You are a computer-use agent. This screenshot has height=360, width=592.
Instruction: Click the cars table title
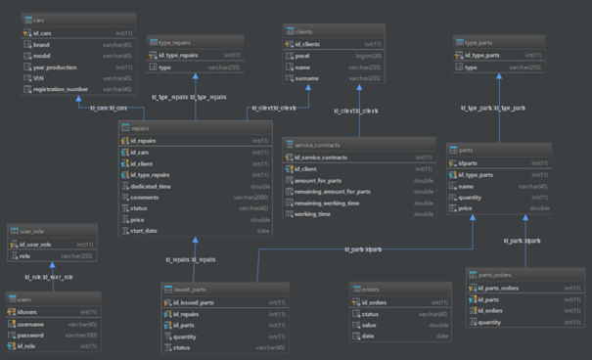(x=36, y=18)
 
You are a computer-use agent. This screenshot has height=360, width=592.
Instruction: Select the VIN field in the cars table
(x=40, y=79)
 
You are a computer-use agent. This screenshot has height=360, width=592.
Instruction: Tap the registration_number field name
(x=57, y=90)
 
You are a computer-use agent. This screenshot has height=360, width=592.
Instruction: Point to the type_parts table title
(x=479, y=42)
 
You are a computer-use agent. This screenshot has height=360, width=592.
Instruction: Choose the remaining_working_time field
(x=336, y=202)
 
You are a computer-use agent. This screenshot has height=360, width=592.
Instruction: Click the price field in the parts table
(x=465, y=208)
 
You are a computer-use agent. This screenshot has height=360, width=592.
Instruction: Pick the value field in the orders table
(x=369, y=325)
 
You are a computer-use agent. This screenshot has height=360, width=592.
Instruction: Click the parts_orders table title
(x=494, y=276)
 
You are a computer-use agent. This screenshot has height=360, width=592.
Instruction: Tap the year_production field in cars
(x=55, y=68)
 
